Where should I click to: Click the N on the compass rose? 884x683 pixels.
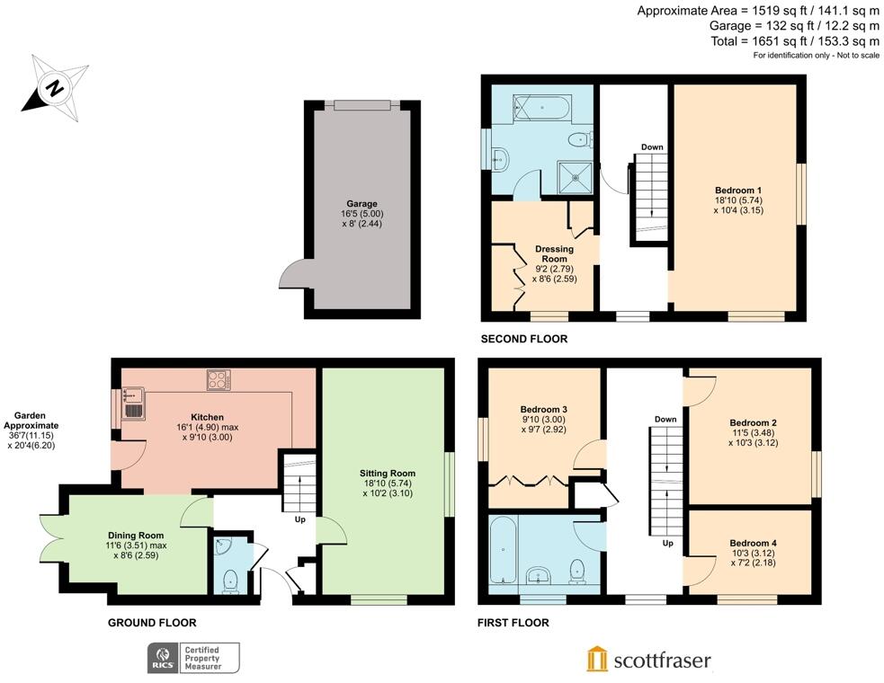(55, 88)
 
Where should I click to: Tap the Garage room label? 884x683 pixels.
(362, 203)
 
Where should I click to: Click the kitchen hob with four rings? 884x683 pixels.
(219, 380)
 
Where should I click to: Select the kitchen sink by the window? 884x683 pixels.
(133, 404)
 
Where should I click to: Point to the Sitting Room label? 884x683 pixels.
(388, 474)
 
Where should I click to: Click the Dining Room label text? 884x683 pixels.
(136, 536)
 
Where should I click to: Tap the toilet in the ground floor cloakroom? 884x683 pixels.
(231, 581)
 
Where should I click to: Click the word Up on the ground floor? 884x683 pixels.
(300, 519)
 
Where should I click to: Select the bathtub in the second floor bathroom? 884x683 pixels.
(542, 107)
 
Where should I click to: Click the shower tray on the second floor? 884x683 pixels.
(576, 178)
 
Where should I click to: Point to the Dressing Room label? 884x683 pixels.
(554, 253)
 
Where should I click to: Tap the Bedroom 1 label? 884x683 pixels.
(738, 190)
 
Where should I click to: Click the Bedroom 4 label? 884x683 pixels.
(754, 543)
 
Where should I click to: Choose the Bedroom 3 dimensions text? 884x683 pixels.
(543, 424)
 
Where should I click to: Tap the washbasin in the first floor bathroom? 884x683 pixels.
(539, 576)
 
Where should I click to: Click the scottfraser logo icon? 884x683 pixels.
(597, 659)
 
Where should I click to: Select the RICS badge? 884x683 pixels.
(193, 658)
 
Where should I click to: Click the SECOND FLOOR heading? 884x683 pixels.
(523, 339)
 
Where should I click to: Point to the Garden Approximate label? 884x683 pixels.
(31, 421)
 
